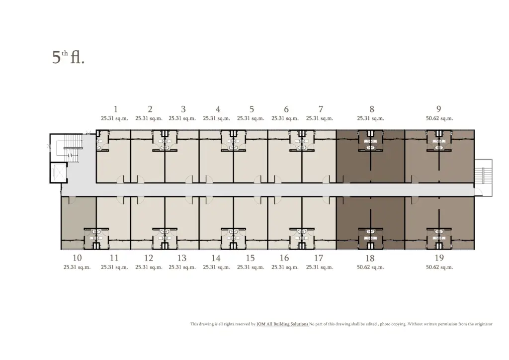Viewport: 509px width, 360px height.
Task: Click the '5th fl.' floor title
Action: (68, 58)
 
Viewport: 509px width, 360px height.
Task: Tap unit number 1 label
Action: (115, 109)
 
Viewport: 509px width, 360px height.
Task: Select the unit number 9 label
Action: (439, 109)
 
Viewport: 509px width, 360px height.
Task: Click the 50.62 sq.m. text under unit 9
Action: (439, 118)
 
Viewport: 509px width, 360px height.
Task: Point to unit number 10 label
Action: (77, 258)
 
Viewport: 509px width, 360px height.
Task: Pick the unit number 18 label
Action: (370, 258)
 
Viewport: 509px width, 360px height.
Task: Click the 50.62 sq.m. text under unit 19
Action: (439, 267)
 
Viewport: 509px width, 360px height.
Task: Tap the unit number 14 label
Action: (216, 258)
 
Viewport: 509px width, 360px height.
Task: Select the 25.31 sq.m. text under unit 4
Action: (217, 118)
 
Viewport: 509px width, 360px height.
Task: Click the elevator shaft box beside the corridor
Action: (59, 172)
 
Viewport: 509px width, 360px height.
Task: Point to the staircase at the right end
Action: (483, 178)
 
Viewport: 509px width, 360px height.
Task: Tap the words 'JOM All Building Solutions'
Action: (282, 324)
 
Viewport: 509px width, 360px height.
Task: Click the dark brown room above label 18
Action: (370, 223)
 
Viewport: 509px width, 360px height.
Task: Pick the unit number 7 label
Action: (321, 109)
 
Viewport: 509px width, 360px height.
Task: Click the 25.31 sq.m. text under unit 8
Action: (370, 118)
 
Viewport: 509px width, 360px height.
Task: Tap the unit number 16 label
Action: (284, 258)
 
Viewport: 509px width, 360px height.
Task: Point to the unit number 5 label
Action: (252, 109)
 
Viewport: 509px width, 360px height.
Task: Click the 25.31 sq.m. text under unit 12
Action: (149, 267)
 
